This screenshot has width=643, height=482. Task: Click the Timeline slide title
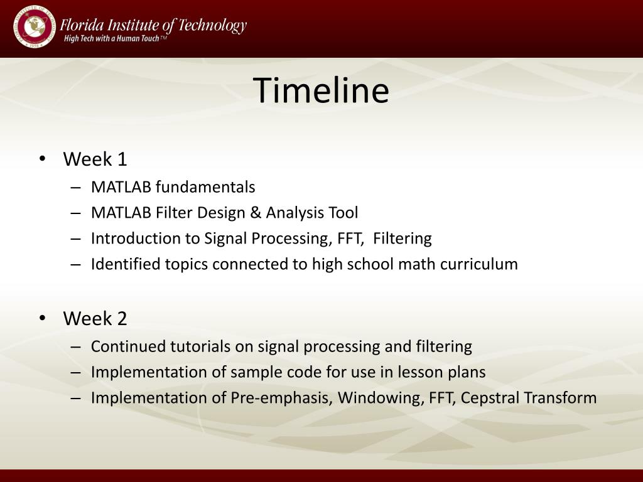[321, 90]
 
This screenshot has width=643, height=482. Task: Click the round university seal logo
[34, 26]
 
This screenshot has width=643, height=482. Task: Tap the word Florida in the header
[82, 25]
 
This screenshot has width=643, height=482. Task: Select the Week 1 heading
[95, 159]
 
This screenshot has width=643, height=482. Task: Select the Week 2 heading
[95, 318]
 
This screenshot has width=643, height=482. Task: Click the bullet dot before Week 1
[42, 158]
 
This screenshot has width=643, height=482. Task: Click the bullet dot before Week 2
[42, 318]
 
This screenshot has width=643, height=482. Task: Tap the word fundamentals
[205, 187]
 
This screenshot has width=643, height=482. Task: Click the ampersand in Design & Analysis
[256, 213]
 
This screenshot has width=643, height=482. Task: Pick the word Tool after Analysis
[343, 213]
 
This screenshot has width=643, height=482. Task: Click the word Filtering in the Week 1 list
[403, 238]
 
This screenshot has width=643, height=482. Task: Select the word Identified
[126, 264]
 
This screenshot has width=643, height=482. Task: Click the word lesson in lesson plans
[420, 372]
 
